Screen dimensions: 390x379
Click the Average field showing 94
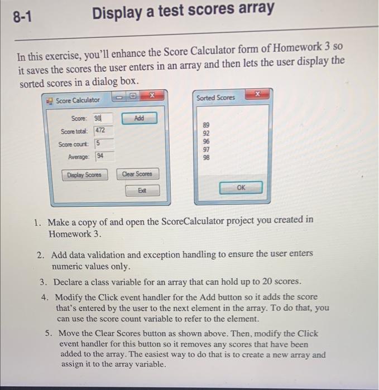tap(104, 157)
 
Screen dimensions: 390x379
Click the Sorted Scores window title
tap(216, 97)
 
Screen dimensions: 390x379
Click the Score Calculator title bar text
tap(78, 100)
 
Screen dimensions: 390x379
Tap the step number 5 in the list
tap(49, 334)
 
